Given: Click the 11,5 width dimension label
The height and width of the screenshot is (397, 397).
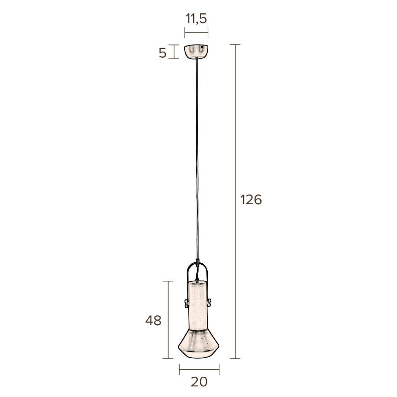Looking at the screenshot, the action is pyautogui.click(x=196, y=19).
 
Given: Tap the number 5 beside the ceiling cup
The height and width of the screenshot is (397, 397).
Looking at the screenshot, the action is pyautogui.click(x=162, y=53).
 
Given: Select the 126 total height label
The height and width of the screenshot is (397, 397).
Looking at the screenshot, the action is pyautogui.click(x=251, y=199).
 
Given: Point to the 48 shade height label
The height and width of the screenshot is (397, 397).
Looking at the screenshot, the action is pyautogui.click(x=153, y=321).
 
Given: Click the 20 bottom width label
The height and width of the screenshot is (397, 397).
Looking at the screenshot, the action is pyautogui.click(x=199, y=382).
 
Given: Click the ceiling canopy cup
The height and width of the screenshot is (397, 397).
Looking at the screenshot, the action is pyautogui.click(x=196, y=52).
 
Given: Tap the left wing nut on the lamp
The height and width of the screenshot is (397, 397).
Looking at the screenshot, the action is pyautogui.click(x=186, y=303).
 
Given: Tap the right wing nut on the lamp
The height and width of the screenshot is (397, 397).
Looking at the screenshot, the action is pyautogui.click(x=209, y=303).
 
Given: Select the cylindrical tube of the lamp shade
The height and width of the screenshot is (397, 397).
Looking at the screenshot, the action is pyautogui.click(x=198, y=305).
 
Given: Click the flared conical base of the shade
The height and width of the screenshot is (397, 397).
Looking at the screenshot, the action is pyautogui.click(x=199, y=344).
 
